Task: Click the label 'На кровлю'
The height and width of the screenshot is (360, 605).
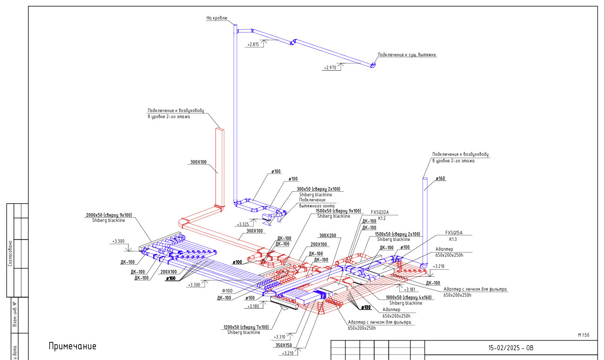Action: pos(216,18)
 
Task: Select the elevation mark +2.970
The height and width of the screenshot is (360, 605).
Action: pos(330,68)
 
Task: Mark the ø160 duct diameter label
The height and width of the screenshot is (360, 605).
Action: pos(440,179)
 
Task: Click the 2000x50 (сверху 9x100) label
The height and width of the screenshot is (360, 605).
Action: pos(108,215)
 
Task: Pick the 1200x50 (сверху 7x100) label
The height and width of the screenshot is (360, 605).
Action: pos(246,327)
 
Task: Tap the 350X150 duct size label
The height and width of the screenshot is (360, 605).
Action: pos(283,345)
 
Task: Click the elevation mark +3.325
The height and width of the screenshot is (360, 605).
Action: pos(243,224)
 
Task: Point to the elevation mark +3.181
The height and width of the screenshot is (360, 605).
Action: pos(410,289)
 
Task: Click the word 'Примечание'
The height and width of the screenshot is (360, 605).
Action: pos(72,347)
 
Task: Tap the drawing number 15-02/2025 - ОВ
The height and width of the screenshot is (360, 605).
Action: pos(511,348)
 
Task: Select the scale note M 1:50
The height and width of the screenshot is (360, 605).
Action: pos(584,335)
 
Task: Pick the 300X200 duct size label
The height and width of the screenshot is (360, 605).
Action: pos(328,235)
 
